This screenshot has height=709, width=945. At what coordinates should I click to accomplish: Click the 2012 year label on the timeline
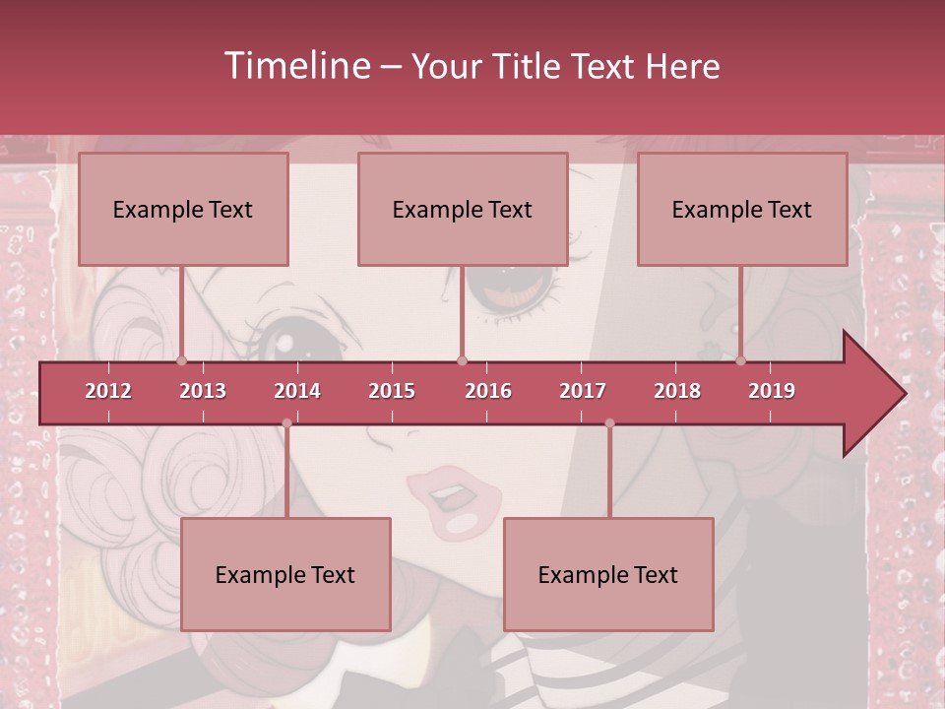(108, 391)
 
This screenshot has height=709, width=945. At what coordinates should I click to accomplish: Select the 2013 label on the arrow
(203, 391)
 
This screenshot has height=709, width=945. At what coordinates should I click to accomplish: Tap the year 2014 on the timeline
(297, 391)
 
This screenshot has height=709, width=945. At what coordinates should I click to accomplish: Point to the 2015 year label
(392, 391)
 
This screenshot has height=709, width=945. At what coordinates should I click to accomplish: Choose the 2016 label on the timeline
(488, 391)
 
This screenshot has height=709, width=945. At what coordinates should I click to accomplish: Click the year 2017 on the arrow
(583, 391)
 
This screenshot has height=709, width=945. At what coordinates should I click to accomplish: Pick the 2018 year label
(677, 391)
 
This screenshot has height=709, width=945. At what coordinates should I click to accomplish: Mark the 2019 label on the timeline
(772, 391)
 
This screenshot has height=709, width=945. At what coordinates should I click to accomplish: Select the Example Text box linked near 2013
(183, 210)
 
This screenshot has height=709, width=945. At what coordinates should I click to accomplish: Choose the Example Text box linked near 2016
(463, 210)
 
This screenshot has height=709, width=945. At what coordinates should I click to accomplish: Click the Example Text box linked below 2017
(608, 574)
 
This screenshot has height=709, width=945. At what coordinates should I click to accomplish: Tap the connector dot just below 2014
(286, 423)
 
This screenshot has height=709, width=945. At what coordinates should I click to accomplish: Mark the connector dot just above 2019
(741, 360)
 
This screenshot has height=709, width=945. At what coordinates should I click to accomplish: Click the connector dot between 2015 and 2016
(462, 360)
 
